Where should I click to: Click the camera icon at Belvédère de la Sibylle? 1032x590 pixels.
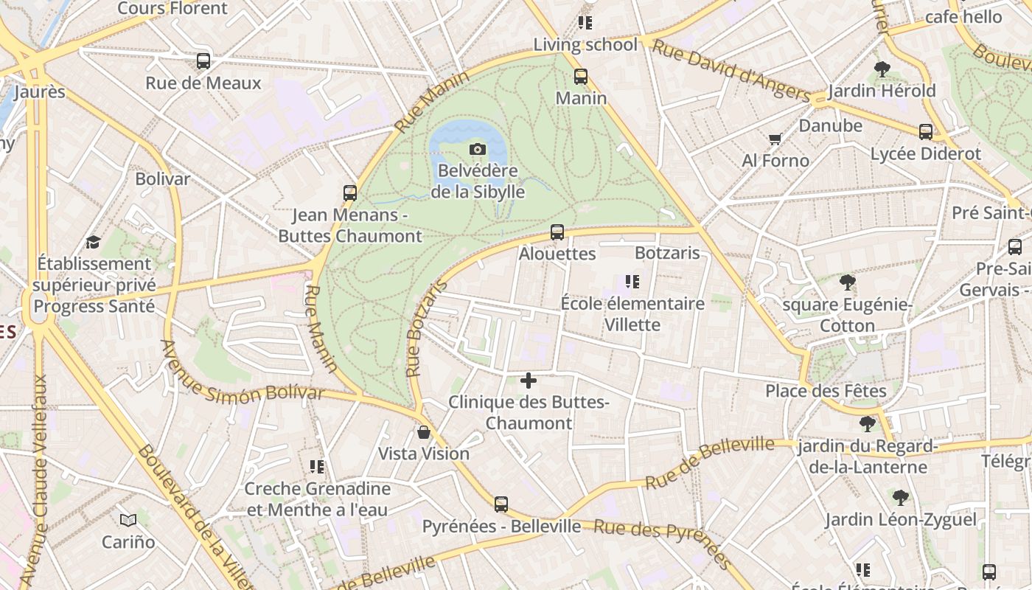click(x=478, y=150)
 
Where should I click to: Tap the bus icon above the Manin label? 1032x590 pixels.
click(x=581, y=76)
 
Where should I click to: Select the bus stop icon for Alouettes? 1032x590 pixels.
click(x=557, y=232)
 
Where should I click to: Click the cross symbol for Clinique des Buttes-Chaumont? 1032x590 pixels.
click(x=529, y=381)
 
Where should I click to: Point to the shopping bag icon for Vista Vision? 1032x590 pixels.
click(x=424, y=432)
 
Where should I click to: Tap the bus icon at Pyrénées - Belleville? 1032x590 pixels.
click(x=501, y=504)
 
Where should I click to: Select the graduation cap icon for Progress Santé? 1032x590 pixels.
click(x=93, y=242)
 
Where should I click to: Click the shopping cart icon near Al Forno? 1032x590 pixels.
click(x=775, y=139)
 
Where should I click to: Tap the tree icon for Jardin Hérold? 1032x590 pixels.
click(x=882, y=69)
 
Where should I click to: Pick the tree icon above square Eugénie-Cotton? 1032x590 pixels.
click(x=848, y=282)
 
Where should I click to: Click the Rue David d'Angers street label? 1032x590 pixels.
click(x=731, y=70)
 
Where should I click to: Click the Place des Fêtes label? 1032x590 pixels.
click(x=826, y=391)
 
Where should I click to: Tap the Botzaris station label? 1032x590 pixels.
click(x=667, y=253)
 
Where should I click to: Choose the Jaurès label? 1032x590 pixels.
click(x=40, y=92)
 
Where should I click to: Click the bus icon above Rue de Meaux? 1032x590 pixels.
click(x=203, y=61)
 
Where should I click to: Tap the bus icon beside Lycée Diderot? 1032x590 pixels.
click(x=926, y=132)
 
